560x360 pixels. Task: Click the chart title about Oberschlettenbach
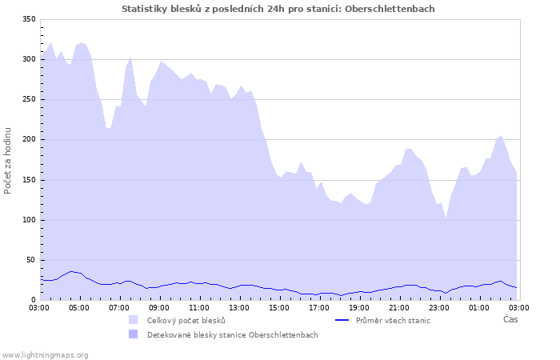pyautogui.click(x=278, y=9)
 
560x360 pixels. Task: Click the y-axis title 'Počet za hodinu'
pyautogui.click(x=8, y=160)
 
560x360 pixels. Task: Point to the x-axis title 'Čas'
pyautogui.click(x=510, y=319)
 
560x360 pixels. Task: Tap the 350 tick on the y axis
pyautogui.click(x=29, y=19)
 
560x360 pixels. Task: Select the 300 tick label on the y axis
pyautogui.click(x=29, y=59)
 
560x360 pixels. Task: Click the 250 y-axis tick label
pyautogui.click(x=29, y=99)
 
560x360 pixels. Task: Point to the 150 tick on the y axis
pyautogui.click(x=29, y=180)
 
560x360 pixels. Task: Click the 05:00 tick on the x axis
pyautogui.click(x=79, y=307)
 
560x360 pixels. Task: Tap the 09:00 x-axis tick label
pyautogui.click(x=159, y=307)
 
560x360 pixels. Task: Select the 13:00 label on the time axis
pyautogui.click(x=239, y=307)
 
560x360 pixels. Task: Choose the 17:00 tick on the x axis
pyautogui.click(x=319, y=307)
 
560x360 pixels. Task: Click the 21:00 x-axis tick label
pyautogui.click(x=399, y=307)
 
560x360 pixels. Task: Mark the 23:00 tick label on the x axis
pyautogui.click(x=439, y=307)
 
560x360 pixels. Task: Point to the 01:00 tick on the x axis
pyautogui.click(x=479, y=307)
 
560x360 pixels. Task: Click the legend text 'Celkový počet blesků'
pyautogui.click(x=186, y=320)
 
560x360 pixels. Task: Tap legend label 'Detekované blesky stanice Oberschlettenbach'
pyautogui.click(x=232, y=334)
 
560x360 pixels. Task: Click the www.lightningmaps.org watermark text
pyautogui.click(x=45, y=354)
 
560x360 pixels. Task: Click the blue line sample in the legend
pyautogui.click(x=342, y=320)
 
